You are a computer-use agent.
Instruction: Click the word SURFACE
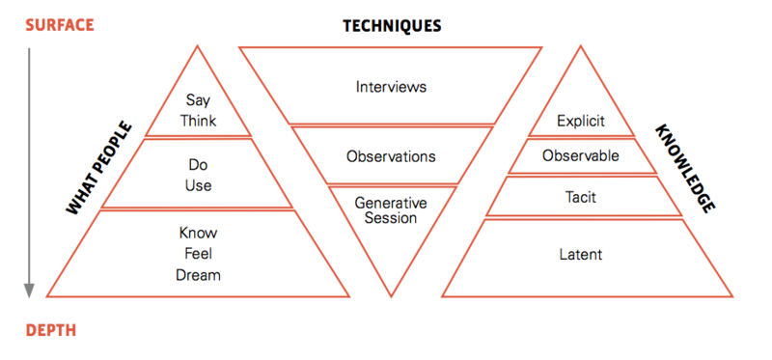[x=60, y=25]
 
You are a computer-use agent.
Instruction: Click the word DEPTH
[x=51, y=330]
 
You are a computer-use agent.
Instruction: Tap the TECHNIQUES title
[x=392, y=26]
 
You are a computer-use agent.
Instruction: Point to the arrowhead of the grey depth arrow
[x=30, y=291]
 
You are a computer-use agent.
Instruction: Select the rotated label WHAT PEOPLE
[x=99, y=169]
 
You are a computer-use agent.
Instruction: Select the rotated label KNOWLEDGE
[x=685, y=169]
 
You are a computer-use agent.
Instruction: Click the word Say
[x=198, y=101]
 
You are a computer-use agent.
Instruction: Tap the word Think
[x=198, y=122]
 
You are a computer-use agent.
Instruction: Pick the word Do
[x=199, y=164]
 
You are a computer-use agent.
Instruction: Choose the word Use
[x=199, y=185]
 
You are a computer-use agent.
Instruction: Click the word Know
[x=198, y=233]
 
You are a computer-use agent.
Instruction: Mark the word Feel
[x=199, y=254]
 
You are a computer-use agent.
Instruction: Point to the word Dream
[x=198, y=274]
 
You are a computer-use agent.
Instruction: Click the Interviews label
[x=392, y=87]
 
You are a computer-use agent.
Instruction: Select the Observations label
[x=391, y=156]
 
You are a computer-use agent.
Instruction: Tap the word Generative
[x=391, y=203]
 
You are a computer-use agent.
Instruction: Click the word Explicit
[x=581, y=122]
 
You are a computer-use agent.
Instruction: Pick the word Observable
[x=581, y=156]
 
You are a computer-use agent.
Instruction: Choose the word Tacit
[x=581, y=197]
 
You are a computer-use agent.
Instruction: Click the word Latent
[x=581, y=255]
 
